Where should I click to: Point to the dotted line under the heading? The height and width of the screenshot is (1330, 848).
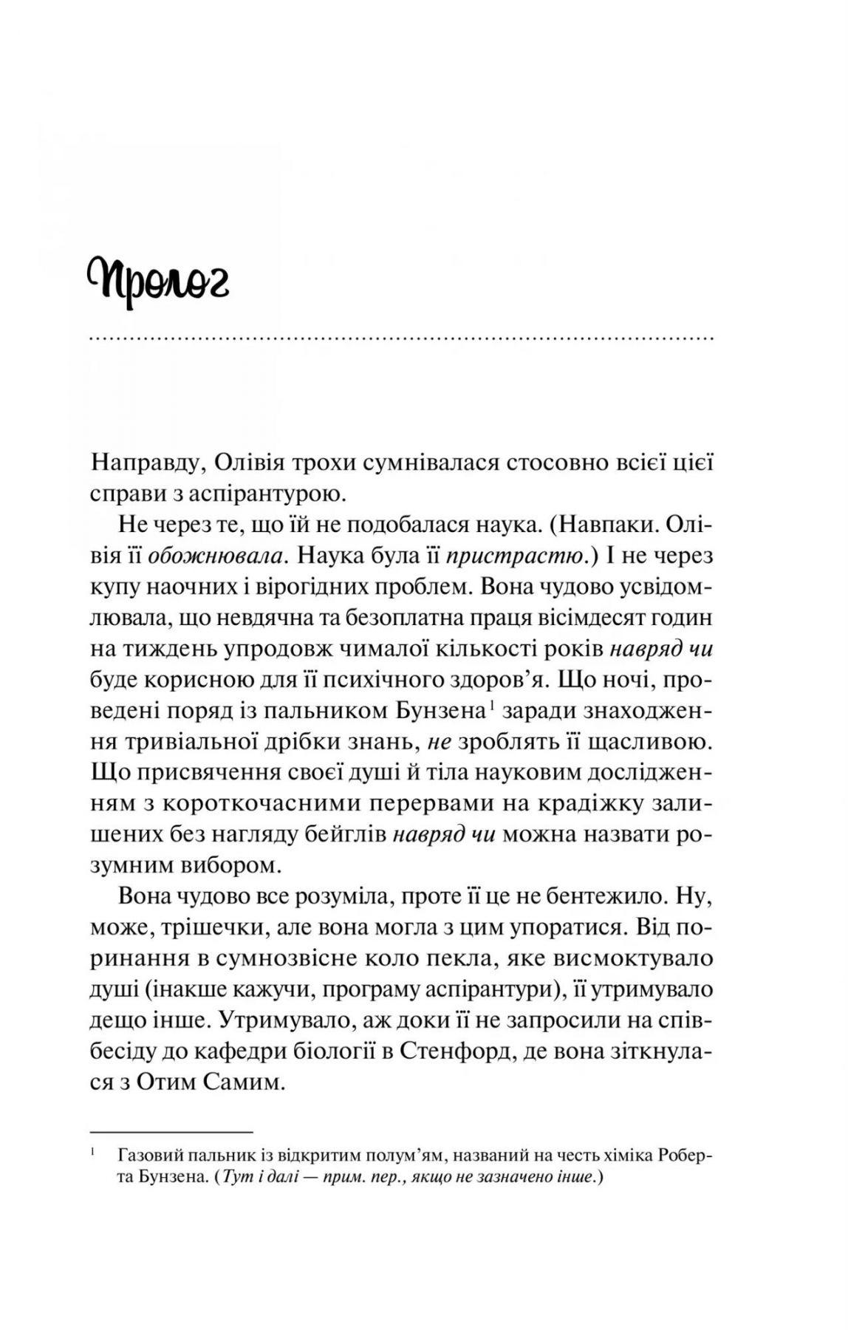click(400, 340)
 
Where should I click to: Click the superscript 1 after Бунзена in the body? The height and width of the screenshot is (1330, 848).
click(490, 706)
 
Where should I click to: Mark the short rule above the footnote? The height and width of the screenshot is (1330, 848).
click(171, 1131)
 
